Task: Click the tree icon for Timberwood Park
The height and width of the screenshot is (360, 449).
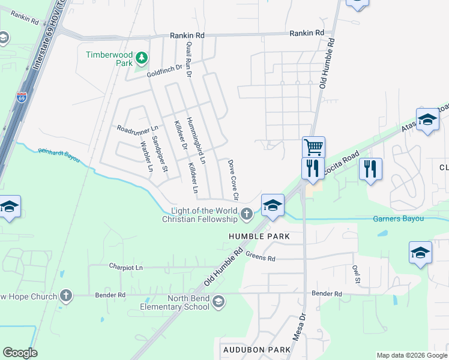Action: (142, 58)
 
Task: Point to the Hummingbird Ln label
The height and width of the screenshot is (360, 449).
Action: (195, 140)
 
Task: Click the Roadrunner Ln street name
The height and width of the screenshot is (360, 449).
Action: (137, 128)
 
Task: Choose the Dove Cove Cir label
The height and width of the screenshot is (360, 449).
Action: (232, 180)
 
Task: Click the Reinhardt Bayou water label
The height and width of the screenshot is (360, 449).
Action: (59, 155)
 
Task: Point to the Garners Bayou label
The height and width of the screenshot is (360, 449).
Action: (398, 219)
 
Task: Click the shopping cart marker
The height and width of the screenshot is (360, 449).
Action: (313, 146)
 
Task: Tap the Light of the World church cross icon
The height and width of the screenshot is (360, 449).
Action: (246, 214)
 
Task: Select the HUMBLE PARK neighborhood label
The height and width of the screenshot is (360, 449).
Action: (259, 236)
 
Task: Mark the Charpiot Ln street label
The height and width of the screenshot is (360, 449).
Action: (126, 266)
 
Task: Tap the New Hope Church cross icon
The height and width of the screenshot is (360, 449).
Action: (66, 296)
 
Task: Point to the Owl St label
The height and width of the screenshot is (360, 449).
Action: (356, 275)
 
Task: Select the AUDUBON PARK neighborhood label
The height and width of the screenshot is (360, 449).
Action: (249, 349)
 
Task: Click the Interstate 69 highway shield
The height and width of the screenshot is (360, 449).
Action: (22, 98)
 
